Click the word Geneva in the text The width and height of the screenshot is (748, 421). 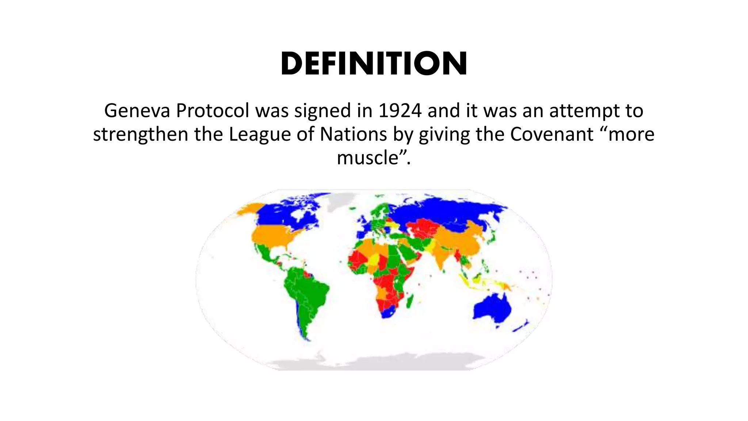137,110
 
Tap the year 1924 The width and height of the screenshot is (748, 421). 400,110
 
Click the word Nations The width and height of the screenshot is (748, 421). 353,134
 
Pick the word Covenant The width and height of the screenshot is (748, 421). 552,134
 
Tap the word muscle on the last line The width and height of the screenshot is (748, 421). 367,158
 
